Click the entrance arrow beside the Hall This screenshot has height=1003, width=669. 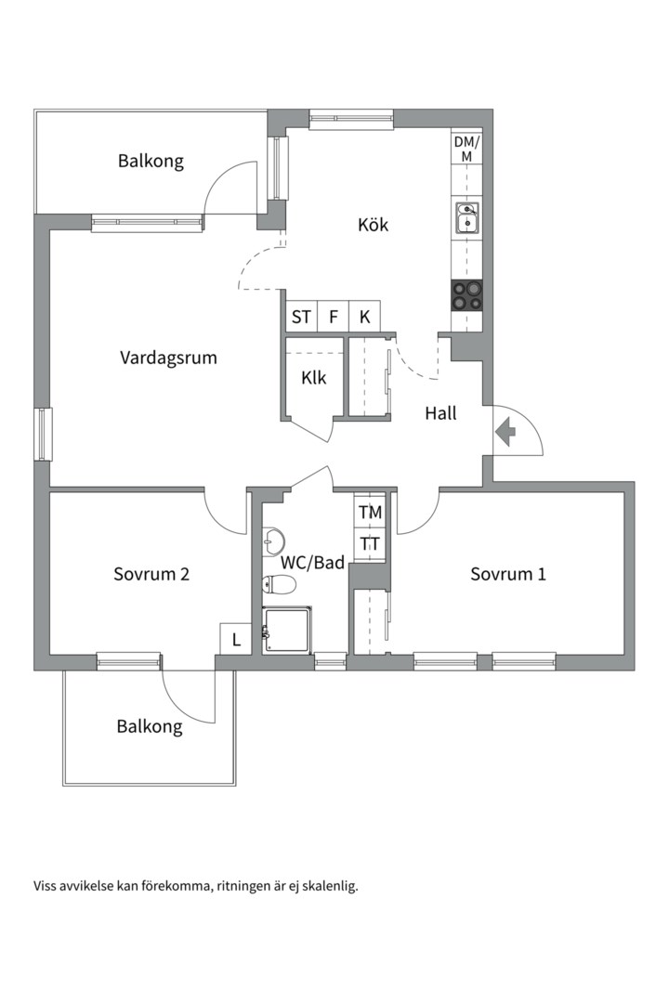(x=505, y=432)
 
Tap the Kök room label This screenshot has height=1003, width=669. (x=374, y=225)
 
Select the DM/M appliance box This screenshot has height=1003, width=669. (x=466, y=149)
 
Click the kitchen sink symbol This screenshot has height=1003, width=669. (x=466, y=217)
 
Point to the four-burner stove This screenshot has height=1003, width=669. (x=466, y=296)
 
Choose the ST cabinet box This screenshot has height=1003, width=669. (x=302, y=317)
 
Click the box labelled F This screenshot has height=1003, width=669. (x=333, y=317)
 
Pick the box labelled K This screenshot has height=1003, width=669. (x=365, y=317)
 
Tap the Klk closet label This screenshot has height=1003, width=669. (x=314, y=378)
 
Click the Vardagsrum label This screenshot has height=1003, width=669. (x=168, y=358)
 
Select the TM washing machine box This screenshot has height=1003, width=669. (x=370, y=513)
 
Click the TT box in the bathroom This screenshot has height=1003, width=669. (x=370, y=544)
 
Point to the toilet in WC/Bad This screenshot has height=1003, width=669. (x=279, y=584)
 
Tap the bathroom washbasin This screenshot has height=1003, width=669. (x=273, y=541)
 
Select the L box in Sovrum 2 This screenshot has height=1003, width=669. (x=236, y=639)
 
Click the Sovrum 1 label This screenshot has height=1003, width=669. (x=508, y=574)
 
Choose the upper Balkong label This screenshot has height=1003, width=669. (x=151, y=161)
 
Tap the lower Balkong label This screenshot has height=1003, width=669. (x=150, y=726)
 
